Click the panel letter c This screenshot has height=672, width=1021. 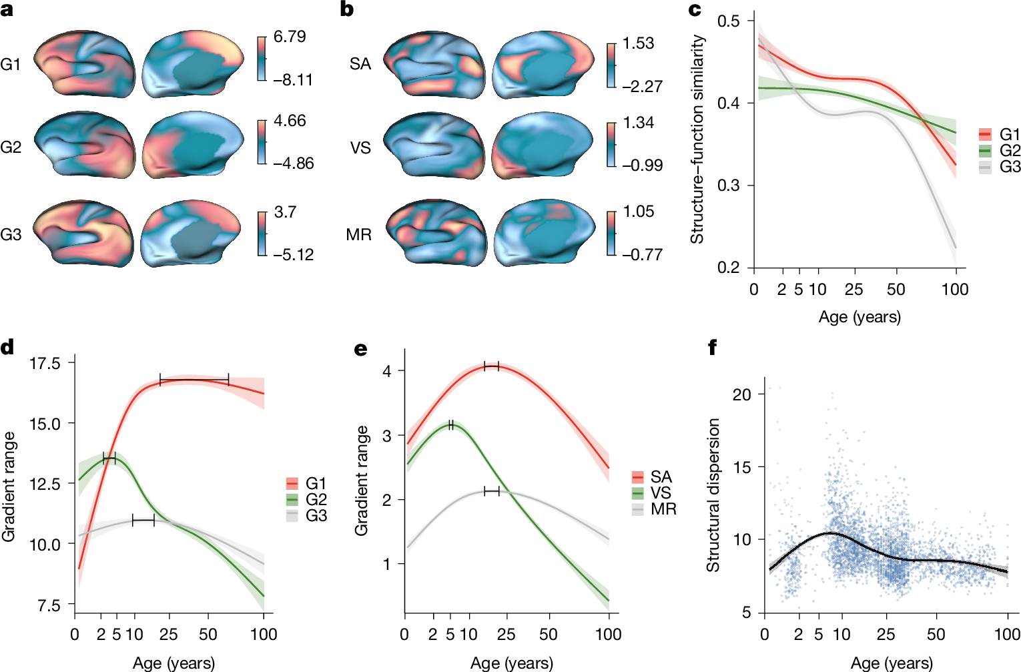coord(695,9)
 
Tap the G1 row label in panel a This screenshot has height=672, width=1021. coord(11,64)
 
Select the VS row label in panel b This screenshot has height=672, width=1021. coord(360,147)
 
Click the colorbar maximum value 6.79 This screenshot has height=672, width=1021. coord(290,37)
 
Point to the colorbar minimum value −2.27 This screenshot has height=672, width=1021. coord(642,86)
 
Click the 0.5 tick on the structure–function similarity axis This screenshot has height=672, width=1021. coord(729,21)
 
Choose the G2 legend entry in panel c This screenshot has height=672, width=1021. coord(1000,150)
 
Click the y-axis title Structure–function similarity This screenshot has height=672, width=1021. coord(697,139)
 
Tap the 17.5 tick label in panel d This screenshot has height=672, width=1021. coord(45,364)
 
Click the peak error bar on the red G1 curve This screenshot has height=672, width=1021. coord(194,380)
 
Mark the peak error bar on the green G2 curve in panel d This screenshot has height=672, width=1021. coord(109,458)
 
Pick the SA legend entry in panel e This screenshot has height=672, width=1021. coord(651,477)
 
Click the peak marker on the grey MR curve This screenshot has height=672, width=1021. coord(492,491)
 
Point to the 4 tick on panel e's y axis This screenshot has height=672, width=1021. coord(386,370)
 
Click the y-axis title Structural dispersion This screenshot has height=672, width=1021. coord(713,495)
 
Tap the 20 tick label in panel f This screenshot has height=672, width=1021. coord(741,394)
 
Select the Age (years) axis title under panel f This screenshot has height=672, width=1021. coord(892,663)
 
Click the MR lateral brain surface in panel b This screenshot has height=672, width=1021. coord(434,234)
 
